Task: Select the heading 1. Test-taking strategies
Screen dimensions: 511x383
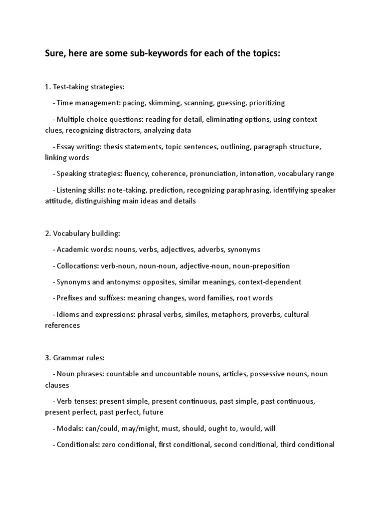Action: tap(84, 87)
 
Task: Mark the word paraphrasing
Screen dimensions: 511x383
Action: tap(226, 190)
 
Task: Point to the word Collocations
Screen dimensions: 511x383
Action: tap(75, 266)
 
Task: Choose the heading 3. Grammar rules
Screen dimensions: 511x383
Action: tap(75, 358)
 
